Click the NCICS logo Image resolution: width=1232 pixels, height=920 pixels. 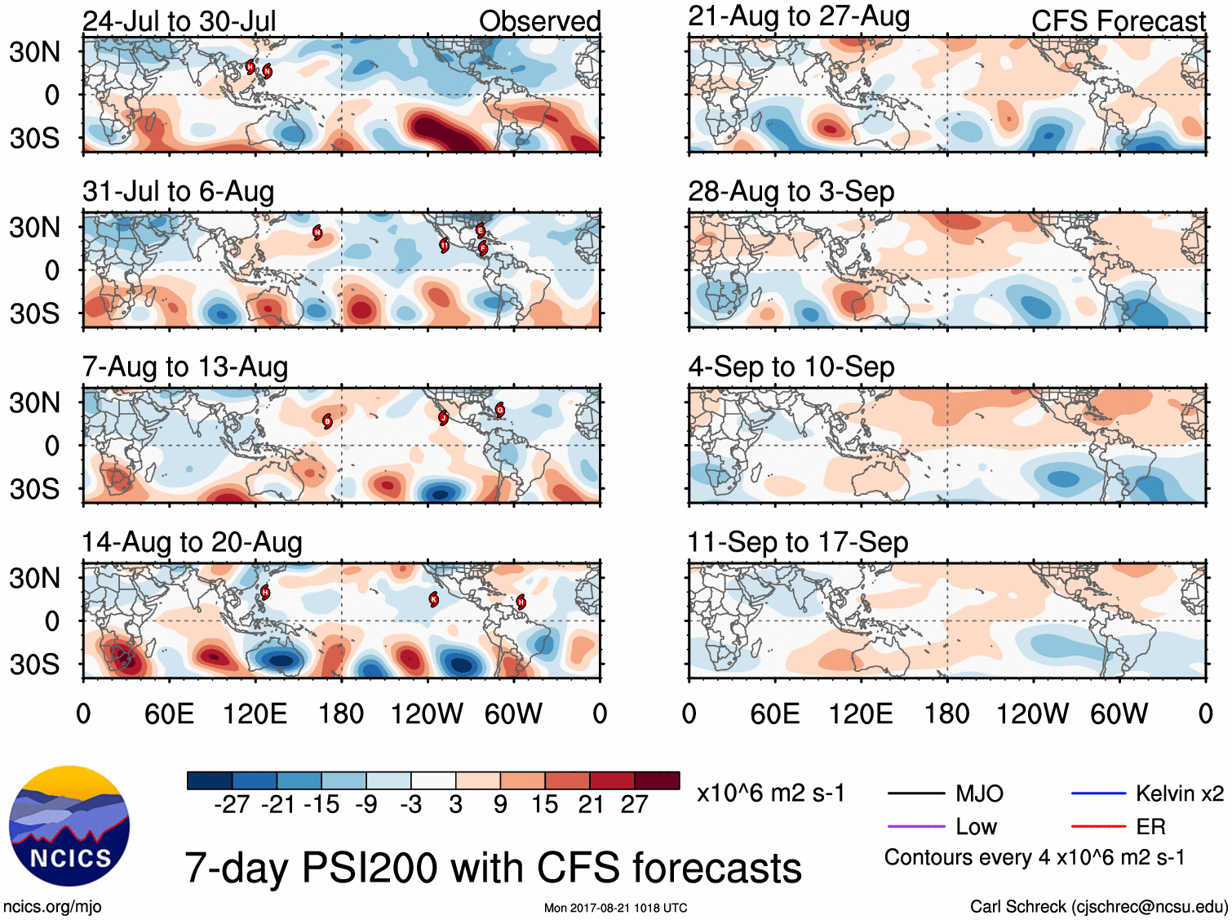[69, 825]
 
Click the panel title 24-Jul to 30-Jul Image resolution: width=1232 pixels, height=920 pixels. [179, 21]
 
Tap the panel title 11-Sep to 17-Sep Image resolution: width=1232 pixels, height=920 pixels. [797, 542]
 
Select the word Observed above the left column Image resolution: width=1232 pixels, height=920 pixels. [539, 21]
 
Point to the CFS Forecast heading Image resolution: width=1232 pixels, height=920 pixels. [1118, 21]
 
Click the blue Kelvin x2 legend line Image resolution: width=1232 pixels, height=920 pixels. [1098, 793]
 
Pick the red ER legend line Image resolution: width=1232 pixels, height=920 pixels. [1098, 827]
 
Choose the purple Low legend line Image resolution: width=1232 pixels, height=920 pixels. [916, 827]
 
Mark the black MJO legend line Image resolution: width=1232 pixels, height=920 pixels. [916, 793]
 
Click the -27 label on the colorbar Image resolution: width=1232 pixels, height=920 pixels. [232, 805]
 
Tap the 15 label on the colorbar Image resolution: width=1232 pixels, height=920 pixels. [544, 805]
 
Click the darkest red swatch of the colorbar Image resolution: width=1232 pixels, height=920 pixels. [657, 780]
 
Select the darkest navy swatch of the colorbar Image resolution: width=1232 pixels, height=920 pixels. [210, 780]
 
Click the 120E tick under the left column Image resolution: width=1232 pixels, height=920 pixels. [255, 714]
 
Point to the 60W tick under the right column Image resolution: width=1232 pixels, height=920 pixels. [1119, 714]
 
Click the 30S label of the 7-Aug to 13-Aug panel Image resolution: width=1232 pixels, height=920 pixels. [34, 489]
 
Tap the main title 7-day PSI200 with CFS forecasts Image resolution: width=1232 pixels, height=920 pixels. [493, 867]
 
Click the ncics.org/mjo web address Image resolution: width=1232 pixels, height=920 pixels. [52, 906]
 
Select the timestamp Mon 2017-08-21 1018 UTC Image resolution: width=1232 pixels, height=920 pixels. [615, 908]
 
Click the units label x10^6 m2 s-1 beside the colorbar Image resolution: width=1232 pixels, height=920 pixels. [770, 793]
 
